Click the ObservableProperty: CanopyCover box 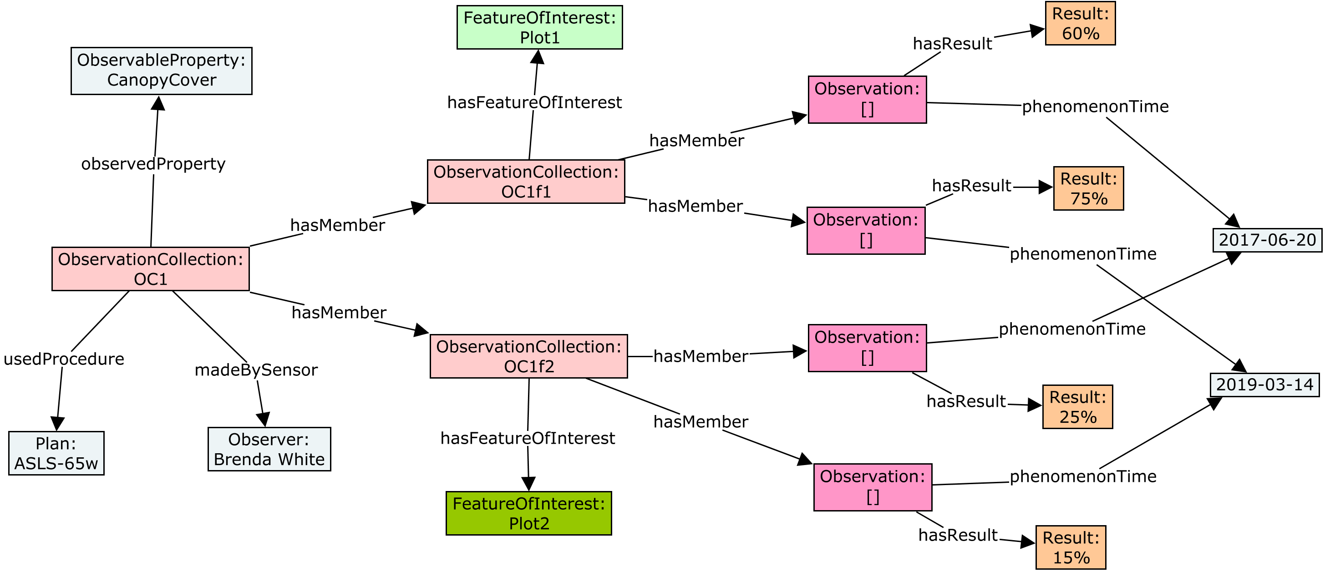click(x=161, y=71)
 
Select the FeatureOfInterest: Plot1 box click(x=539, y=27)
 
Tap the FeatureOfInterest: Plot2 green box click(x=528, y=513)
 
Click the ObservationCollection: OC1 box click(x=150, y=268)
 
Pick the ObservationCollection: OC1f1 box click(x=526, y=181)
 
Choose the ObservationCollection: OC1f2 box click(x=528, y=356)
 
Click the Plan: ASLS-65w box click(x=56, y=453)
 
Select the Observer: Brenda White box click(x=269, y=449)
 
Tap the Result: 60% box click(x=1080, y=23)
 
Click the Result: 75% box click(x=1088, y=188)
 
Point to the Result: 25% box click(x=1077, y=406)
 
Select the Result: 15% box click(x=1071, y=547)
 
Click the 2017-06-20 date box click(x=1267, y=240)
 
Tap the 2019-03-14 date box click(x=1264, y=384)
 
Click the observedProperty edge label click(x=153, y=163)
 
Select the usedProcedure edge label click(x=64, y=359)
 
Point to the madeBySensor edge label click(x=256, y=370)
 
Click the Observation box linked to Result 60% click(x=867, y=99)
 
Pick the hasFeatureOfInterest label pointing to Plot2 click(x=527, y=438)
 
